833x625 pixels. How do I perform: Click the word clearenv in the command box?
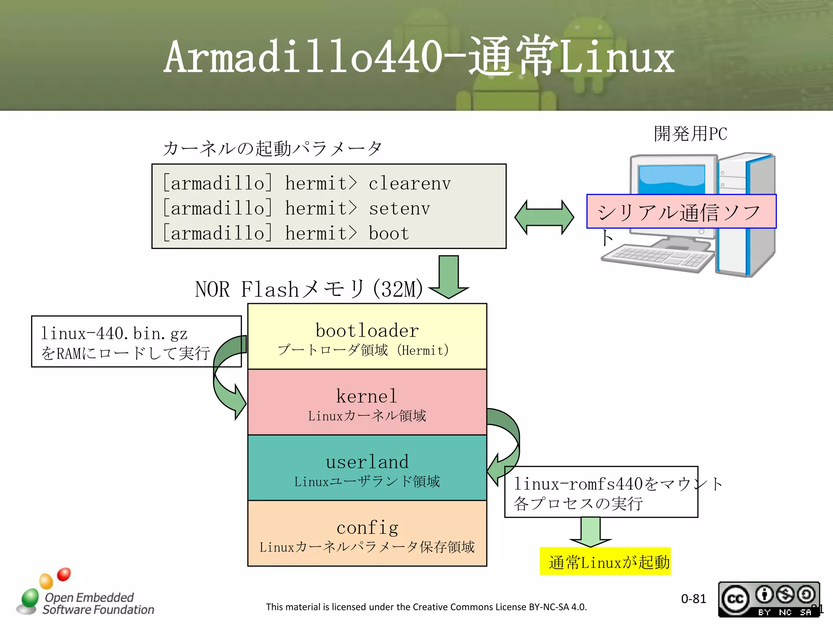point(410,184)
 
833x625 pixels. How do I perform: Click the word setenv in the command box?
point(399,209)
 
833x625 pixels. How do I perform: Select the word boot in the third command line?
point(388,234)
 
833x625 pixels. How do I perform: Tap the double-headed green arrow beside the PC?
point(544,217)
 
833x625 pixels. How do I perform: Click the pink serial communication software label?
point(681,212)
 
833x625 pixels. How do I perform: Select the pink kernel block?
point(367,402)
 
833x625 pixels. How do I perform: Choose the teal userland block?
point(367,468)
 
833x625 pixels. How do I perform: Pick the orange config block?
point(367,533)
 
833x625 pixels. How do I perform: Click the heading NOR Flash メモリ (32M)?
point(309,289)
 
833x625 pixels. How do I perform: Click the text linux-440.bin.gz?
point(114,334)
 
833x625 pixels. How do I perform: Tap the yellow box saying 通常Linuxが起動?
point(605,562)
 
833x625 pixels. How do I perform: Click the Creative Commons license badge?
point(768,599)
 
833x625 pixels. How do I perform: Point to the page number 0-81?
point(693,599)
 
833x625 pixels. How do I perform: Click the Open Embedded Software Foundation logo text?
point(98,603)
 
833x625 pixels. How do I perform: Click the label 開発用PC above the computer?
point(690,134)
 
